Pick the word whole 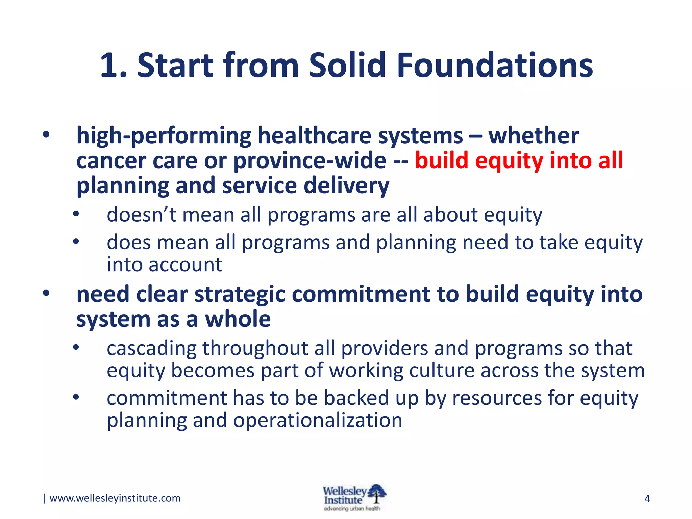(238, 319)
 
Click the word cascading (151, 348)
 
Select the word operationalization (318, 421)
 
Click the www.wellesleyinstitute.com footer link (115, 498)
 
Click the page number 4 (647, 499)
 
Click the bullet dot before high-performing (46, 135)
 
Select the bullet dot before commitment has (76, 397)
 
